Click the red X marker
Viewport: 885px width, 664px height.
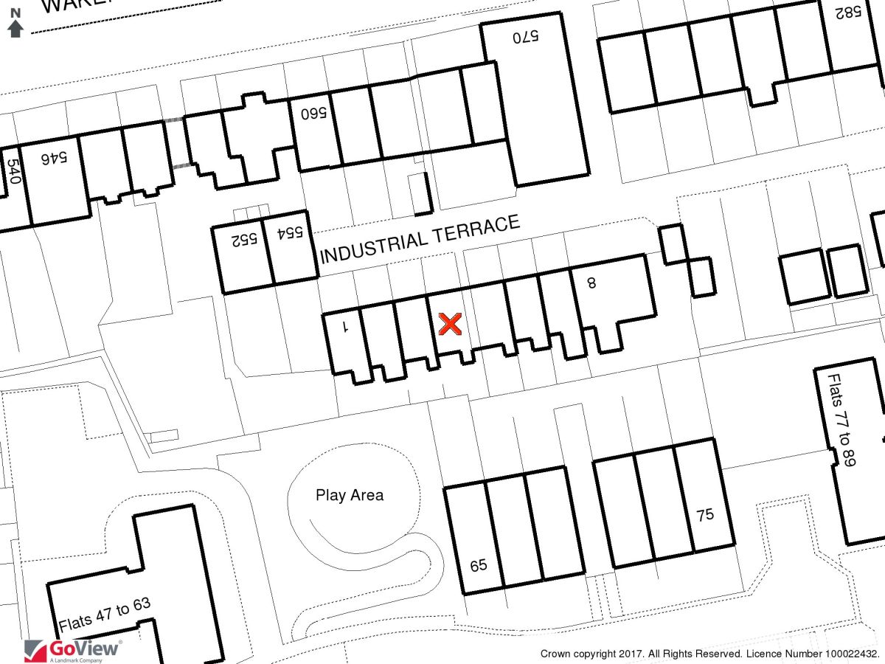450,324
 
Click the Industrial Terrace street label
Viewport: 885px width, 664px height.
420,238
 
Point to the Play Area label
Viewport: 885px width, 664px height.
350,495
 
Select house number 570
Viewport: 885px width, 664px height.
527,35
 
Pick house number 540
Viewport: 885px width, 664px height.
13,173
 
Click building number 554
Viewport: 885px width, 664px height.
290,233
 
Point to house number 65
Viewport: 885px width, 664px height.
479,566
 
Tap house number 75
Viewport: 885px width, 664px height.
706,514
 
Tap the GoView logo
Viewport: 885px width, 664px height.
73,650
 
